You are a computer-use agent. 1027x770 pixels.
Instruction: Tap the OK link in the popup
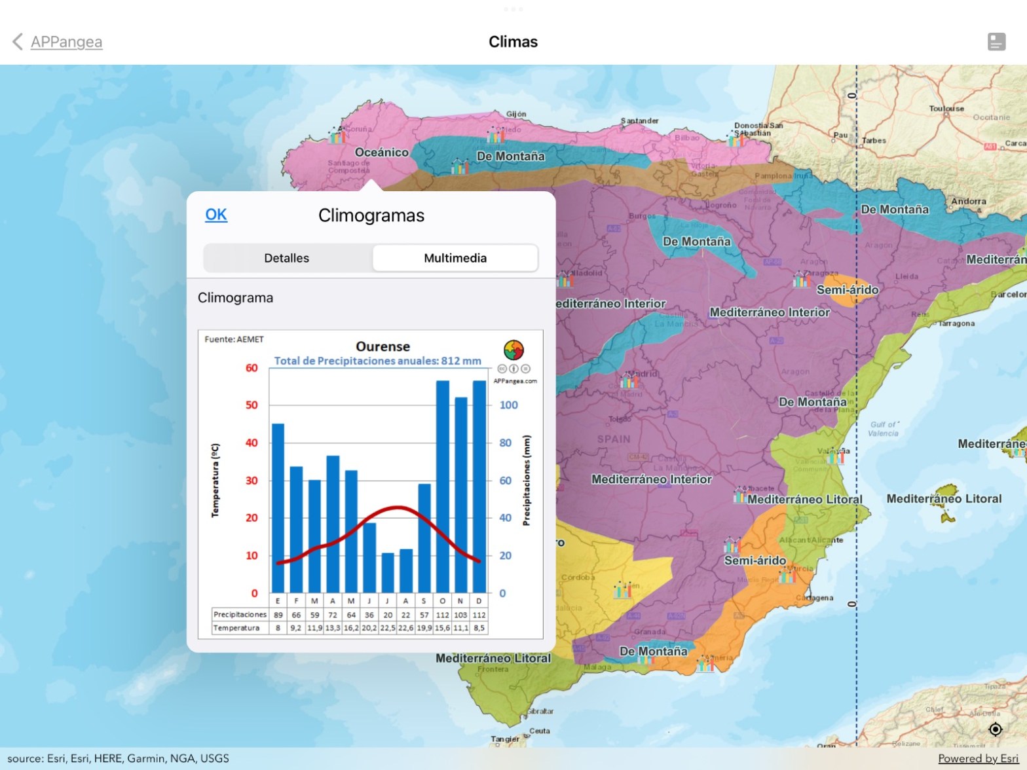[216, 215]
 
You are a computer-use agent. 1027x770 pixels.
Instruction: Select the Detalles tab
[287, 258]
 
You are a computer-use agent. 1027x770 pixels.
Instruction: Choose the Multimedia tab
[455, 258]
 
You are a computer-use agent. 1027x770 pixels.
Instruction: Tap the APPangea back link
[65, 42]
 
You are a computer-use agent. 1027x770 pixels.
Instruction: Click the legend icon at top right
[996, 42]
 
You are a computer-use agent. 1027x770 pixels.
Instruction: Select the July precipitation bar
[388, 572]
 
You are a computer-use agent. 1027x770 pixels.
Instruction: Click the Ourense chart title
[383, 346]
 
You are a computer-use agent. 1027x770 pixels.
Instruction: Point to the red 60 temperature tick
[252, 368]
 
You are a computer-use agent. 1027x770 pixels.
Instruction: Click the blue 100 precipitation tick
[509, 405]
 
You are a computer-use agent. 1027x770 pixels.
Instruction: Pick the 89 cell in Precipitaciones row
[278, 615]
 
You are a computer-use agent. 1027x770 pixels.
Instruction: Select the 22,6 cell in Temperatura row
[406, 628]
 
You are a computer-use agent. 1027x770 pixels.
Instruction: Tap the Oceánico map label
[381, 152]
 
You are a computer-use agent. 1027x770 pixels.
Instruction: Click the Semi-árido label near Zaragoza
[848, 289]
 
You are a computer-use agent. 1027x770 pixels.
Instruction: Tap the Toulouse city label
[946, 109]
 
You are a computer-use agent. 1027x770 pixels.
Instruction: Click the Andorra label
[968, 202]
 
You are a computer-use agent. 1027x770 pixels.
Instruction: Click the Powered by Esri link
[978, 758]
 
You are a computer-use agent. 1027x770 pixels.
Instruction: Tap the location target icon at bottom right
[996, 729]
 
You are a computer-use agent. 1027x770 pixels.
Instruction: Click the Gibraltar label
[541, 711]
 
